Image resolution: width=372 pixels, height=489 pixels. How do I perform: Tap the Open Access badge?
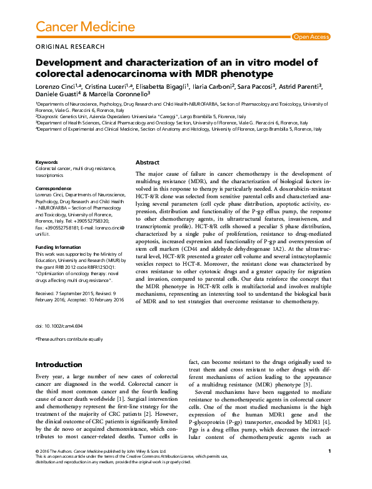(311, 37)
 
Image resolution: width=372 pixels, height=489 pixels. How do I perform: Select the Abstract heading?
(147, 162)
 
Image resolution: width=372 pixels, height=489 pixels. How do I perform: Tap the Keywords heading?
(46, 162)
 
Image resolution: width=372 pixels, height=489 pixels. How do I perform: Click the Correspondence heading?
(53, 188)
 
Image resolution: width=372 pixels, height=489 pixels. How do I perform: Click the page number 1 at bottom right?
(329, 468)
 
